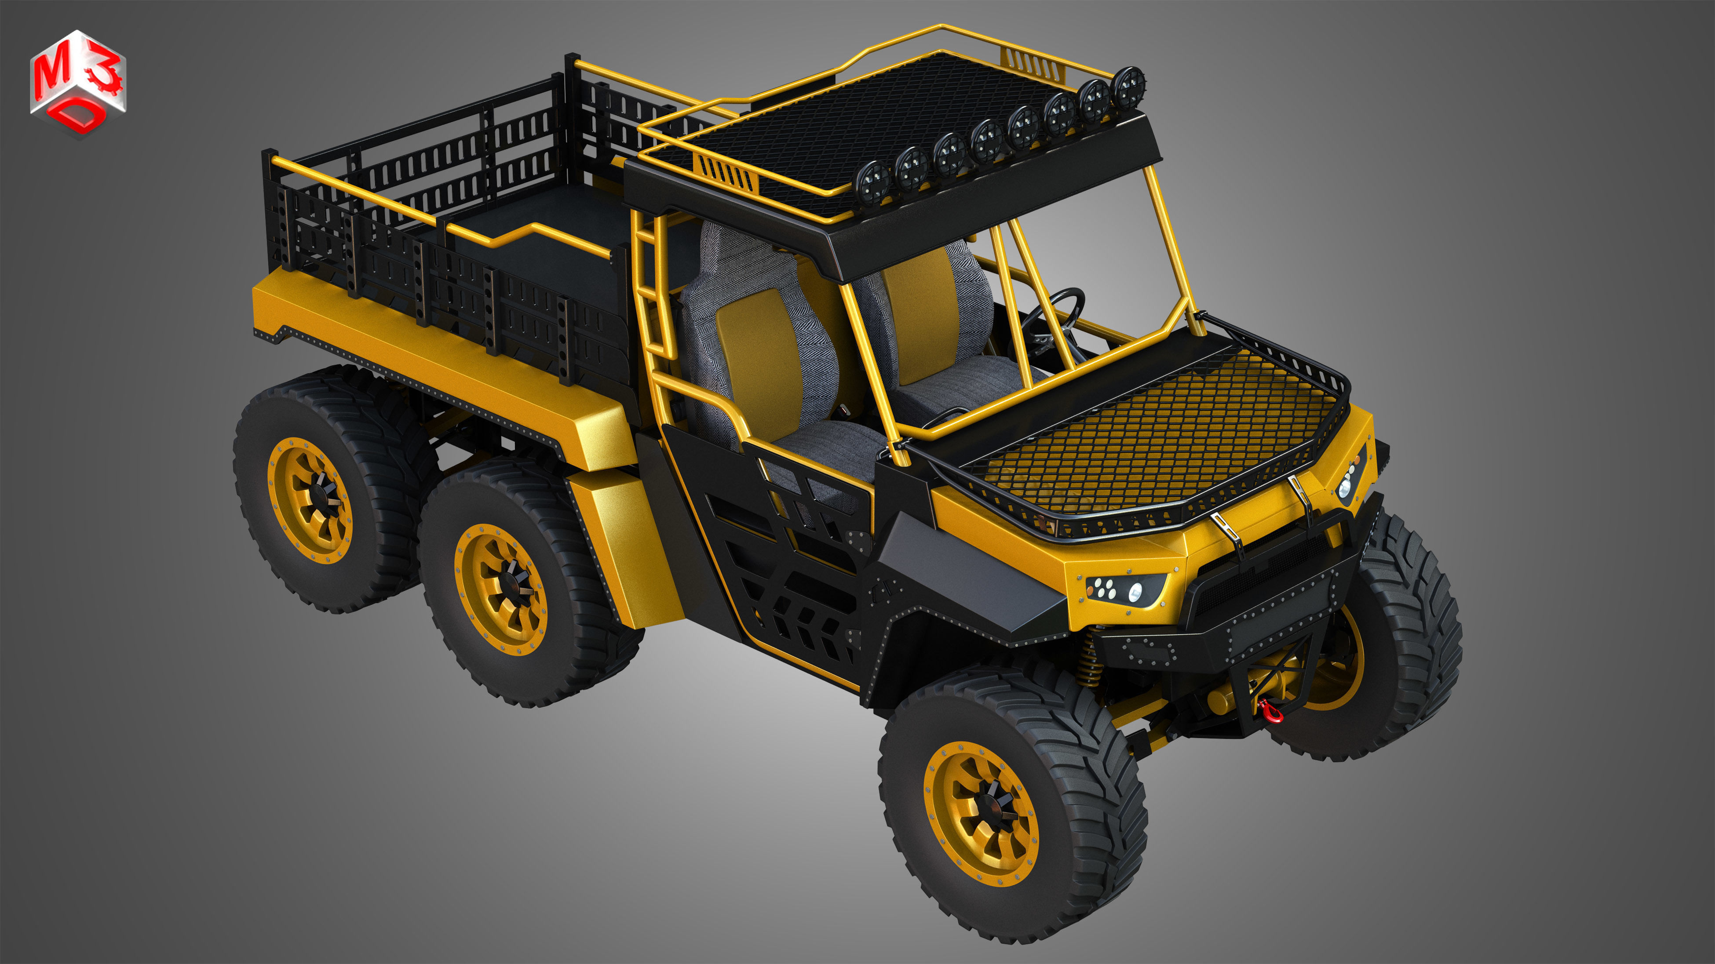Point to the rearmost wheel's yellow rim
click(x=310, y=500)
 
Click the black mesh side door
click(x=785, y=572)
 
